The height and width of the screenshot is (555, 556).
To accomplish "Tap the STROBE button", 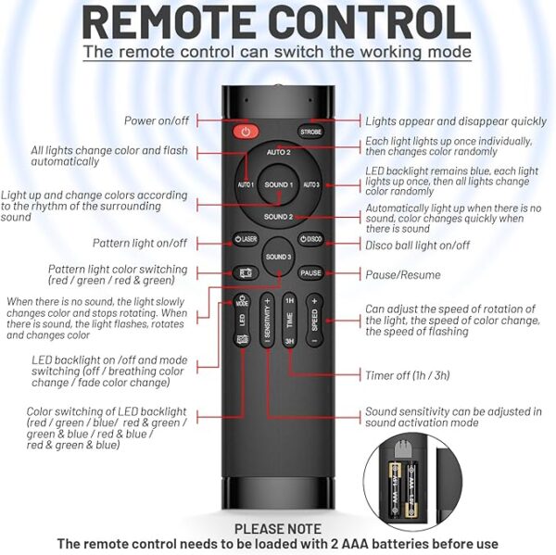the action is click(x=310, y=132).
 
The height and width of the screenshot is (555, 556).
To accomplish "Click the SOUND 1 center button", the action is click(x=279, y=184).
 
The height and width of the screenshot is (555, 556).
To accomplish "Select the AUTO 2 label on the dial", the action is click(x=279, y=152).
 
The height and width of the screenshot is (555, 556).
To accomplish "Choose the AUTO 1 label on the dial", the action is click(x=246, y=184).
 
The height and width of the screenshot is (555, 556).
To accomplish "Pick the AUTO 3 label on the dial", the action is click(x=311, y=184).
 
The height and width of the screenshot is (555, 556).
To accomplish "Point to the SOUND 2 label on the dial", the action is click(x=278, y=217).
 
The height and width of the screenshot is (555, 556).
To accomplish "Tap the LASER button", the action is click(x=246, y=239).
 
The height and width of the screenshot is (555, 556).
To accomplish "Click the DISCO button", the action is click(x=311, y=239).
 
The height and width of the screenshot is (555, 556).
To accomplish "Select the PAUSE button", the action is click(x=310, y=273).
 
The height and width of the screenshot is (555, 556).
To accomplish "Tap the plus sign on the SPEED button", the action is click(x=314, y=301).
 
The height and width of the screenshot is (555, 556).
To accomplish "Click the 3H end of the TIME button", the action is click(x=290, y=341).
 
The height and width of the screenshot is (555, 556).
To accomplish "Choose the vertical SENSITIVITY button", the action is click(x=268, y=321).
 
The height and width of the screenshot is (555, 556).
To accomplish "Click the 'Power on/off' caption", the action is click(x=157, y=120).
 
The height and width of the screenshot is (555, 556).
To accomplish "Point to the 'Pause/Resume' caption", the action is click(x=403, y=275).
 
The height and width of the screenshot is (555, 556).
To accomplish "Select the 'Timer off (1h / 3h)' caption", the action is click(x=408, y=375).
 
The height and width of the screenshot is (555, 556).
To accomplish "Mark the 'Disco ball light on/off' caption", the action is click(x=418, y=245).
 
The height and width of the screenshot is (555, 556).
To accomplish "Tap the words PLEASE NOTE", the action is click(x=278, y=529).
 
